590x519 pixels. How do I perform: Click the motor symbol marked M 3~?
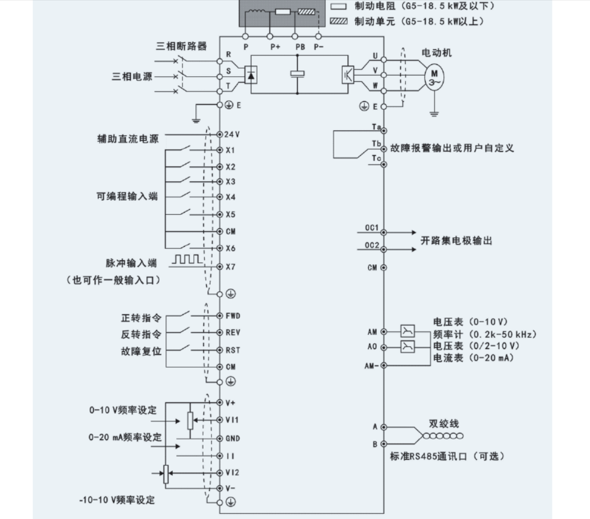tap(434, 77)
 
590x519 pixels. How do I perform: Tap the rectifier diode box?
tap(251, 75)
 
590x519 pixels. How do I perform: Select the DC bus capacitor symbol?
tap(297, 74)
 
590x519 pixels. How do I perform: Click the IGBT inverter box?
tap(348, 74)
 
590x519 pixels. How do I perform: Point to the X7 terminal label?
tap(231, 267)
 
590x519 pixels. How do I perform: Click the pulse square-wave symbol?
tap(187, 259)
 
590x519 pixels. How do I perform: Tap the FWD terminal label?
tap(233, 316)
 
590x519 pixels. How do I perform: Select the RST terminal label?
tap(232, 350)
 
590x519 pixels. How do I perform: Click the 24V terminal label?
tap(232, 134)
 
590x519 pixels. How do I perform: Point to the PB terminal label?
tap(300, 47)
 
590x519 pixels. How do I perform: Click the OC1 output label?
tap(372, 228)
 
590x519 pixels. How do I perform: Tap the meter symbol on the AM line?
tap(407, 331)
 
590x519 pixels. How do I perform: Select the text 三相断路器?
tap(181, 46)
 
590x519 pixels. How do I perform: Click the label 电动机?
tap(436, 53)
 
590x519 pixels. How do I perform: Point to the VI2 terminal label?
tap(232, 472)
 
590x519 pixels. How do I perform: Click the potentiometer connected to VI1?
tap(190, 421)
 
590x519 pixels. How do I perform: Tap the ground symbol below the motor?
tap(434, 114)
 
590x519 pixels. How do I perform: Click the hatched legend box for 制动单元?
tap(338, 21)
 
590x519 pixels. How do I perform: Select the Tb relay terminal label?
tap(376, 143)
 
